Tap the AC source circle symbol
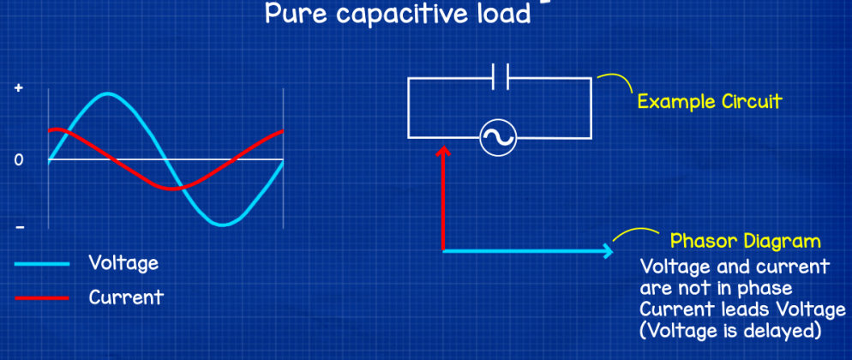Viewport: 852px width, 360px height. click(496, 138)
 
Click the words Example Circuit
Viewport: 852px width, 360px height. click(709, 102)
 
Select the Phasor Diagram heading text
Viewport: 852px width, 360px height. click(745, 241)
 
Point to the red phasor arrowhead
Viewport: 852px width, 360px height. click(443, 151)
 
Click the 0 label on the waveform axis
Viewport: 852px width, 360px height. click(19, 159)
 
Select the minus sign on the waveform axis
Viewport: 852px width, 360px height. click(19, 227)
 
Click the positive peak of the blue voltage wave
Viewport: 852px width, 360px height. click(107, 93)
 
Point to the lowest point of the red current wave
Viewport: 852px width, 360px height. click(171, 189)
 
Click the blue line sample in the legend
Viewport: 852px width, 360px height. click(41, 264)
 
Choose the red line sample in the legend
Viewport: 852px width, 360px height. click(41, 298)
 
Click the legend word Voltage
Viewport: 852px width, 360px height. click(123, 262)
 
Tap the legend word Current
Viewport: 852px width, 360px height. click(125, 298)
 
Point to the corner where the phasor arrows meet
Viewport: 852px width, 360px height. click(443, 250)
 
